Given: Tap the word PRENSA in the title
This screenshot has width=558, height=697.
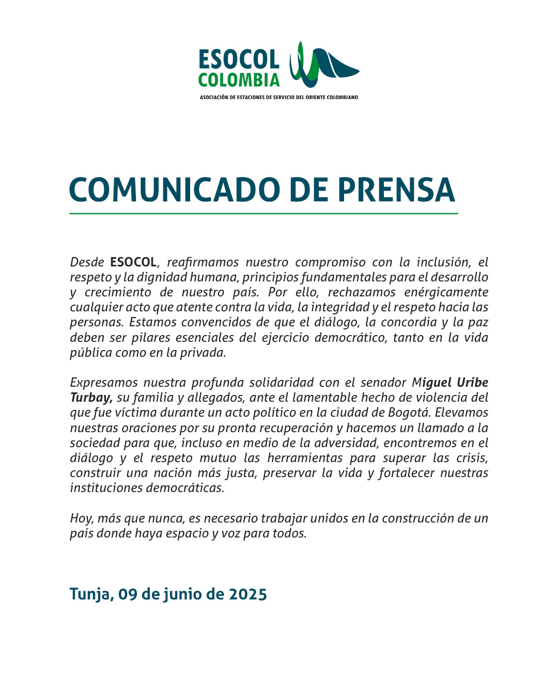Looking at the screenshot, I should pos(396,190).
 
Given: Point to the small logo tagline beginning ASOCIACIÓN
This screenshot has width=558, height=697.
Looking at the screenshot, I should pos(279,97).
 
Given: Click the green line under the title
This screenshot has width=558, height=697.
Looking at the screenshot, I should pos(263,213).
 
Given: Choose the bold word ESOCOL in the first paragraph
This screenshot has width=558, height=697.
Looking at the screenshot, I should pos(133,262).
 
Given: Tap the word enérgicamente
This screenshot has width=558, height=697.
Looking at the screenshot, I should pos(446,292).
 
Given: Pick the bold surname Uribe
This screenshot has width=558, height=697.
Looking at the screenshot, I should pos(472,383).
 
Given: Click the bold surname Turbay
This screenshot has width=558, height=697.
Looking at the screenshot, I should pos(91,398).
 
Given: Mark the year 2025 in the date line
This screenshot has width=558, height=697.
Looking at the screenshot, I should pos(248,594).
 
